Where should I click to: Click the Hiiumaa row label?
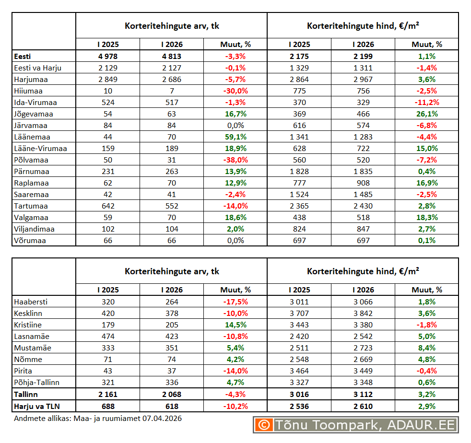tap(29, 91)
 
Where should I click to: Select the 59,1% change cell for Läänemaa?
tap(235, 137)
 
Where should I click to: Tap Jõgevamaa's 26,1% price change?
tap(426, 114)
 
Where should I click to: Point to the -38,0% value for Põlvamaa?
tap(235, 160)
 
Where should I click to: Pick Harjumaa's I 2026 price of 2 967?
tap(363, 79)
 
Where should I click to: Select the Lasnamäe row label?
tap(32, 336)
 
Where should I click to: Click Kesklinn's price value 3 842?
tap(363, 313)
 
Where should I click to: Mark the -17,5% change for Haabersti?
tap(235, 302)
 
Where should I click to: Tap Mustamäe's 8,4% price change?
tap(426, 348)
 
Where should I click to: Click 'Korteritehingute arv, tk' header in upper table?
tap(172, 26)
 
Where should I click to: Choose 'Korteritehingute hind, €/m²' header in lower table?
tap(363, 271)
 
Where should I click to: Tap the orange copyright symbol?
tap(263, 424)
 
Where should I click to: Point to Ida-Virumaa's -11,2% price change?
tap(426, 102)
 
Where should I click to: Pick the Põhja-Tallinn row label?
tap(37, 382)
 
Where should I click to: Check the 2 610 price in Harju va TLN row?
tap(363, 406)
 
